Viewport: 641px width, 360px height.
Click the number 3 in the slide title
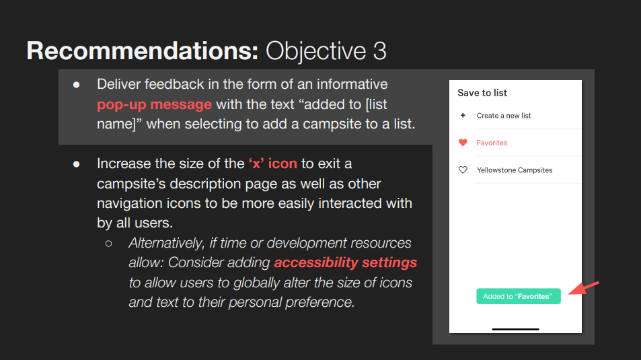379,51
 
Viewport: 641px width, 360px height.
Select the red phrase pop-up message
154,105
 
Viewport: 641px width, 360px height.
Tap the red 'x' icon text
272,164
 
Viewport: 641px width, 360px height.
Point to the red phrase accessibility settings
346,262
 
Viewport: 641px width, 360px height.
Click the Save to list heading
482,93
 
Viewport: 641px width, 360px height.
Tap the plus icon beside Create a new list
463,115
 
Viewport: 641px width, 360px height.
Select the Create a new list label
504,116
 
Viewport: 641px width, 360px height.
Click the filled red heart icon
463,143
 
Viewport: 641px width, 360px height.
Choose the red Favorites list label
492,143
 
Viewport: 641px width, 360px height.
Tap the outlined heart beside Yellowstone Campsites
463,170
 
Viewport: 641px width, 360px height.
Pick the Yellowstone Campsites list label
515,170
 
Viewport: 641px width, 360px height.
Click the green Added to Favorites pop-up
519,296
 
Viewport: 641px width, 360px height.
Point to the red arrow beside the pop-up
584,287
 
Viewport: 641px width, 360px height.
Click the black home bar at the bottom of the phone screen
515,329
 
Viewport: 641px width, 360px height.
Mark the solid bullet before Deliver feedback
77,85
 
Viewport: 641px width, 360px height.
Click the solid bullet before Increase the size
77,164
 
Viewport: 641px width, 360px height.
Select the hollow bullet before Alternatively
108,244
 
